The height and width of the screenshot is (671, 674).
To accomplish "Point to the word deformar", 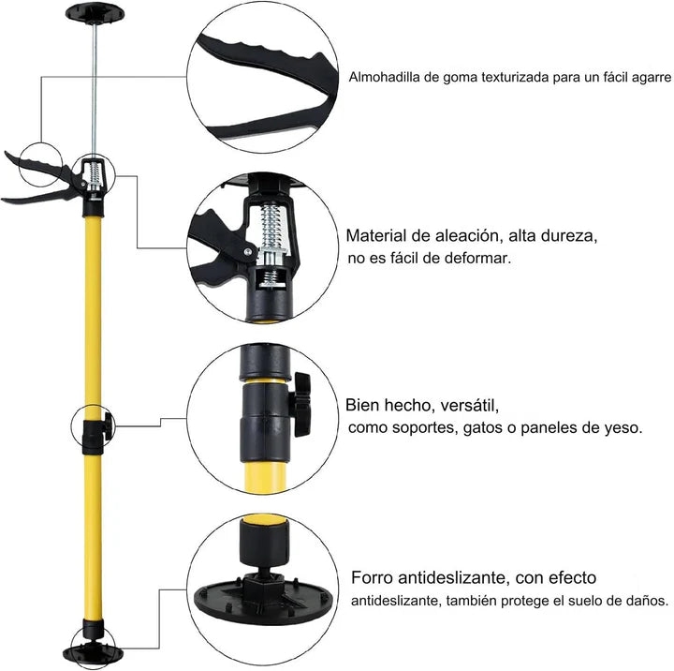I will tap(479, 258).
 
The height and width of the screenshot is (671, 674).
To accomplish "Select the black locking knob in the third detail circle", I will tap(302, 403).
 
